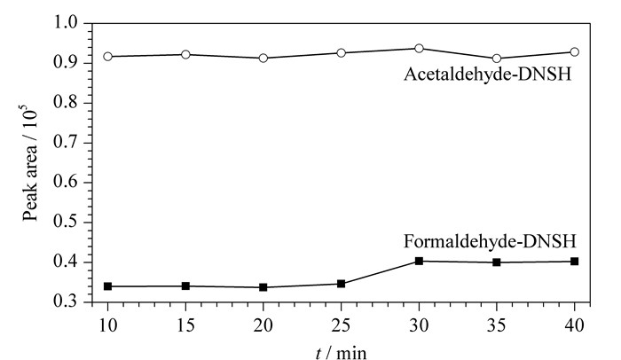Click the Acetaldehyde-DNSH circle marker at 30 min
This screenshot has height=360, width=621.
(419, 48)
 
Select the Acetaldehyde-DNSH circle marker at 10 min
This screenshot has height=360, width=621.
(107, 56)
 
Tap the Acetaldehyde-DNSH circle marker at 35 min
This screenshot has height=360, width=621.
(497, 59)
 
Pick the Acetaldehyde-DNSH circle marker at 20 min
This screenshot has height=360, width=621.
(263, 59)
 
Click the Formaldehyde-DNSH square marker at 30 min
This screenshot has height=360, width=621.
(419, 261)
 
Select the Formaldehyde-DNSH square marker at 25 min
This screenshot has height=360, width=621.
(341, 284)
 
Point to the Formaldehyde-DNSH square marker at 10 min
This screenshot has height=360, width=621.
(107, 286)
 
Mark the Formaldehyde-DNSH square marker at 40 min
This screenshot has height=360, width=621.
(574, 262)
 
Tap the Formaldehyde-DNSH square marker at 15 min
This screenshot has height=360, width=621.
(185, 286)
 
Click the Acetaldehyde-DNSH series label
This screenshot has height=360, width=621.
(488, 74)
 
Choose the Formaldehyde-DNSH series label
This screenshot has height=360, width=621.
(490, 241)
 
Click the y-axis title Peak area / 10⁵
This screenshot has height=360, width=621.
(30, 162)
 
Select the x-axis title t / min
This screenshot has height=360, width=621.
(342, 353)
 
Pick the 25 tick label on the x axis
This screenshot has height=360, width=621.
(341, 325)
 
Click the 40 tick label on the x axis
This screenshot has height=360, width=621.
(574, 325)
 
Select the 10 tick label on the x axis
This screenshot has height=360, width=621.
(107, 325)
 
